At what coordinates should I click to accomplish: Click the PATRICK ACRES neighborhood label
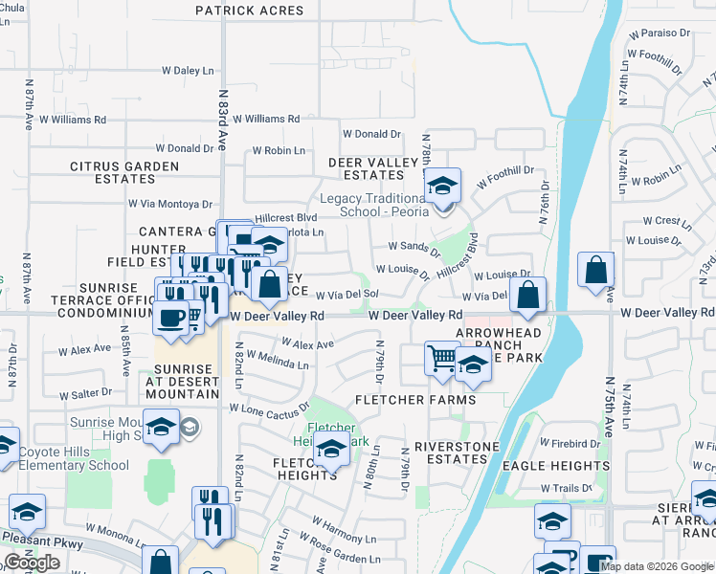[249, 11]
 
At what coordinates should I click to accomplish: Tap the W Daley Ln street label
[187, 71]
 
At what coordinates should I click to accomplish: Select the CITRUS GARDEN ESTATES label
[124, 172]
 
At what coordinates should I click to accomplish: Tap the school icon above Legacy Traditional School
[442, 186]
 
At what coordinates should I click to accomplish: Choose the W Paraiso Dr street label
[660, 33]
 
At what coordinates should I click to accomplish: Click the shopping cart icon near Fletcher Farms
[441, 360]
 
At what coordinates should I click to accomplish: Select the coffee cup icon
[171, 318]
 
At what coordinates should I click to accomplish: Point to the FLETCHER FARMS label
[415, 399]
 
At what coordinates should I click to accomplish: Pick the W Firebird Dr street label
[570, 444]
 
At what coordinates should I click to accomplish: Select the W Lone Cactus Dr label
[270, 408]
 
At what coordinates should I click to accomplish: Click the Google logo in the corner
[32, 563]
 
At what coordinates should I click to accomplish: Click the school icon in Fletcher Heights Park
[331, 447]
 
